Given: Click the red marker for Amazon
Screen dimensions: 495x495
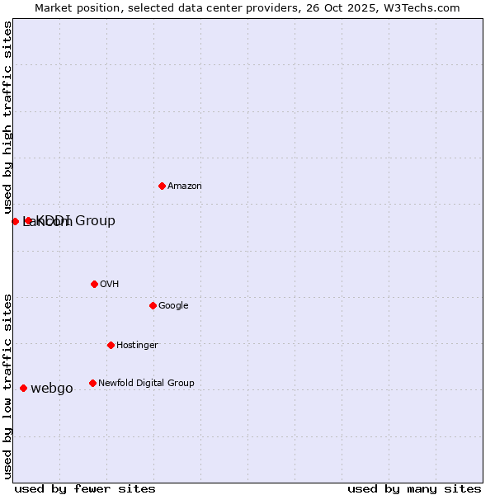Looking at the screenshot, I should (x=162, y=186).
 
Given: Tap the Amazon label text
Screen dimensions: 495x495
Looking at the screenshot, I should (x=185, y=186).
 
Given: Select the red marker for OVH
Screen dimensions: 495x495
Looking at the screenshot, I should (x=94, y=284).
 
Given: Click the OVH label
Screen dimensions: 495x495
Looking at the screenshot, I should (x=110, y=285).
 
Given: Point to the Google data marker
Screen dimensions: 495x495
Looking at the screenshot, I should (x=153, y=305).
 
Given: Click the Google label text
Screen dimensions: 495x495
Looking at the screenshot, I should (x=173, y=306).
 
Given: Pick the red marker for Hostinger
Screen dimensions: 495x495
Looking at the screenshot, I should (x=111, y=345).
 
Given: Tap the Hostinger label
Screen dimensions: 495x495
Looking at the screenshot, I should (x=137, y=346).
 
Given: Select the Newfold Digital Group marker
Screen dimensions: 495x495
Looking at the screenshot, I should (x=92, y=383).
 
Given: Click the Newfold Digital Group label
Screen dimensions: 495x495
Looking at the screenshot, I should (x=146, y=384).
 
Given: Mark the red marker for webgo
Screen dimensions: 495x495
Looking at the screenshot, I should (x=23, y=388).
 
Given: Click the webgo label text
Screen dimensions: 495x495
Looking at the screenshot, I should (x=52, y=389).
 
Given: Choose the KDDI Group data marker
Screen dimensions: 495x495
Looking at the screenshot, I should (x=28, y=220).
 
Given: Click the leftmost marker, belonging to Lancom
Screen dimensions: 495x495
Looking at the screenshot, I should (x=15, y=221).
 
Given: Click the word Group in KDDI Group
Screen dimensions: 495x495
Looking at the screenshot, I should (x=96, y=221).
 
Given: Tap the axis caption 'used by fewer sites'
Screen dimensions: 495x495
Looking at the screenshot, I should (x=85, y=488).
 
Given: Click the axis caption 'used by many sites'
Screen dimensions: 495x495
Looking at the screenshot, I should (x=414, y=488).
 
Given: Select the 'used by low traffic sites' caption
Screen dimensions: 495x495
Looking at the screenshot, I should (x=7, y=386).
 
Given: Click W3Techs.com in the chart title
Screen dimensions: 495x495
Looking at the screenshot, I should (x=425, y=7).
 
